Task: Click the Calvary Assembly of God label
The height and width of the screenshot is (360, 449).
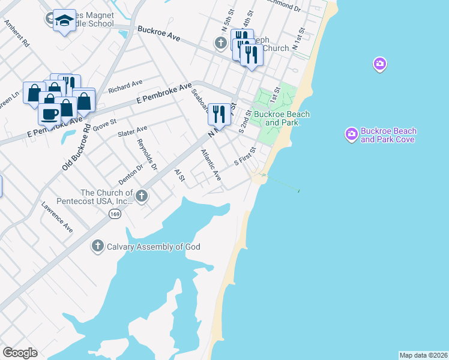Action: (153, 247)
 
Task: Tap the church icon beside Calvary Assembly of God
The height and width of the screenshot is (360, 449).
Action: (97, 246)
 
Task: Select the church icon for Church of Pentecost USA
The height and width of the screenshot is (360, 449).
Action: (141, 196)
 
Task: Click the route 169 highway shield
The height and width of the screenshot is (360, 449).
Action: (113, 214)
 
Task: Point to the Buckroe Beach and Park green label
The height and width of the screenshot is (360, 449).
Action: (282, 118)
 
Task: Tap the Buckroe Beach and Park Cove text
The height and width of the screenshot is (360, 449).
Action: (388, 136)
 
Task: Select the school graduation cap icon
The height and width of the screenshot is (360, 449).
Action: (62, 21)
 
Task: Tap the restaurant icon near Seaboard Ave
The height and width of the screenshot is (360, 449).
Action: (219, 113)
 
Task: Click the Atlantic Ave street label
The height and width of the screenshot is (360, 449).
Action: (211, 165)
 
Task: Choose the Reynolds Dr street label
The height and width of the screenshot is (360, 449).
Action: (147, 154)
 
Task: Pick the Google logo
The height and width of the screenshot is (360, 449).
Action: (20, 353)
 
